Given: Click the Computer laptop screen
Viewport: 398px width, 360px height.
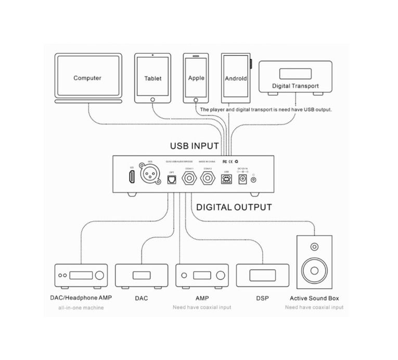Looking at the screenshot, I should pos(87,78).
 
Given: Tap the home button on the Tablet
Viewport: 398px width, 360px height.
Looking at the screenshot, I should pos(153,98).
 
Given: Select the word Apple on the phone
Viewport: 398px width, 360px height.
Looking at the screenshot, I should pos(196,78).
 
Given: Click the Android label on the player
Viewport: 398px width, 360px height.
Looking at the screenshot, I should pos(236,79).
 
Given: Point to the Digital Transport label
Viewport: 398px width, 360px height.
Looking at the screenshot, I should pos(295,86).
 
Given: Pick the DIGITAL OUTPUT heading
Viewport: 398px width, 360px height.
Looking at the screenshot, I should pos(234,207).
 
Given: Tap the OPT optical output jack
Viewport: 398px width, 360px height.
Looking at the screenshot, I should pos(171,179).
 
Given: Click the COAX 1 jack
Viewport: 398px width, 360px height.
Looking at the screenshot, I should pos(189,178).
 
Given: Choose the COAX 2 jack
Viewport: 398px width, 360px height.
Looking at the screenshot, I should pos(208,178).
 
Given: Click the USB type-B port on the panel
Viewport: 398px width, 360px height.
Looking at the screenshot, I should pos(226,179).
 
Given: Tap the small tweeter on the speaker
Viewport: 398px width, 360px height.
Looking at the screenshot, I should pos(314,247).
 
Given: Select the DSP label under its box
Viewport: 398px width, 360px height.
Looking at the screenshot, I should pos(262,299).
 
